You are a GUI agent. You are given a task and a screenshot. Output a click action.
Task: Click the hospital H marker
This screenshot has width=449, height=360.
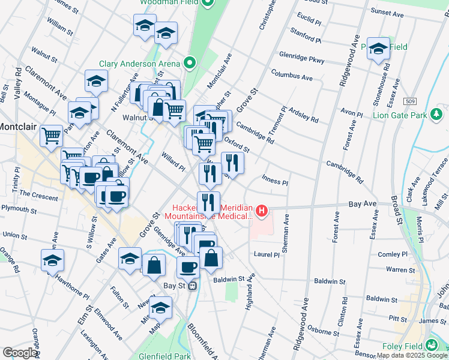point(262,211)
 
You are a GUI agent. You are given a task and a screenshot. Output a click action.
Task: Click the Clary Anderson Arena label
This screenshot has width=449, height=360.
point(140,64)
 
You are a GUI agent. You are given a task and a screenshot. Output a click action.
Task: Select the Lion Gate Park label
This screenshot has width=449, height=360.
point(399,115)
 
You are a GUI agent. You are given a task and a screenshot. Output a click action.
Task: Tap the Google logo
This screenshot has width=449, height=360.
point(20,353)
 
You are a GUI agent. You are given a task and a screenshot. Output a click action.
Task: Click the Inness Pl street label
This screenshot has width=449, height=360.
point(276,182)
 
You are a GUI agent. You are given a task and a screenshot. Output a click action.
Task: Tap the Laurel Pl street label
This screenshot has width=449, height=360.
point(267,254)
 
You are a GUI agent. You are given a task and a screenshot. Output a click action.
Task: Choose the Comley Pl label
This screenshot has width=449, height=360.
point(394,254)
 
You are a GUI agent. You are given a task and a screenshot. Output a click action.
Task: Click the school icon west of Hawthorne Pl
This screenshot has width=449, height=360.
point(53,259)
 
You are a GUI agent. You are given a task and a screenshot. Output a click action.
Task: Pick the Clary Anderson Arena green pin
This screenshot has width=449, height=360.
point(190,62)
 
